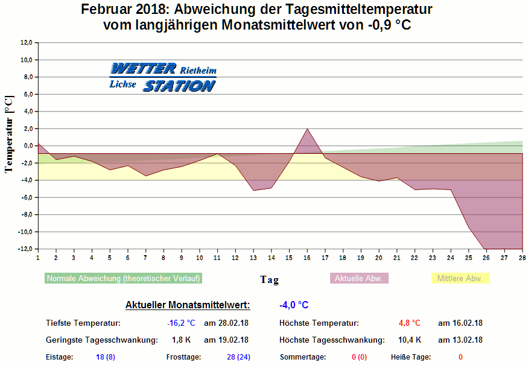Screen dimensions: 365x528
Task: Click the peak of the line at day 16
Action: coord(307,129)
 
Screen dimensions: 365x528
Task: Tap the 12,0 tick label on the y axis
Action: coord(27,43)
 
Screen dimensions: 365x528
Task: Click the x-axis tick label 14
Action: coord(271,258)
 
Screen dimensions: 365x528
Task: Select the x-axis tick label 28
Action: coord(522,258)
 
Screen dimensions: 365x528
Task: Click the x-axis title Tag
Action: coord(270,279)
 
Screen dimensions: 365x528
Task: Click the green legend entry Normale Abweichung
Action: coord(123,279)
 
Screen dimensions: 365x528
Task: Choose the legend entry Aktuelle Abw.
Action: coord(359,279)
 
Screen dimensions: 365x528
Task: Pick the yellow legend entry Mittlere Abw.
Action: coord(460,279)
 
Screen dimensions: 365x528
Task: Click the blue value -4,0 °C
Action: coord(294,305)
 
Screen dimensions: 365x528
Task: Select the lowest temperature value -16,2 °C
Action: coord(181,323)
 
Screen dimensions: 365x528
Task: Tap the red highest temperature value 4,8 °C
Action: coord(409,323)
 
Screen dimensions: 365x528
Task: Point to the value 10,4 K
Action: coord(410,340)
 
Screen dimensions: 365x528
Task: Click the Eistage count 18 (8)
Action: coord(106,357)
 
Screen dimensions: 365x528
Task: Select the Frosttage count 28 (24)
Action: coord(238,357)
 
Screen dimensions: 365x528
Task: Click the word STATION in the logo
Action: coord(179,86)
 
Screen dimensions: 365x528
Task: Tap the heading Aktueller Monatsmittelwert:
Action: coord(188,305)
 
